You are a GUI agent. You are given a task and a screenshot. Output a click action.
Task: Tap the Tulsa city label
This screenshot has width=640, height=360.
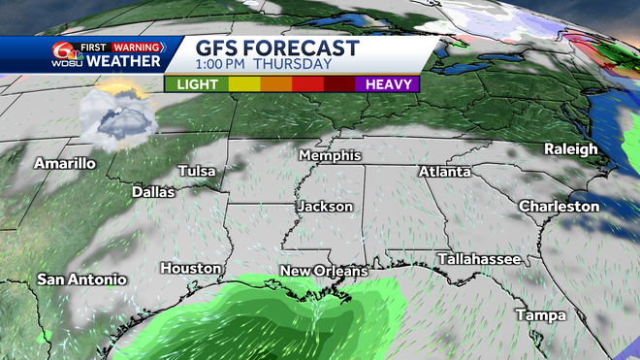[x=197, y=171]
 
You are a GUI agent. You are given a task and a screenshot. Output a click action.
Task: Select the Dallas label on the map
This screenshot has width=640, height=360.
[x=153, y=192]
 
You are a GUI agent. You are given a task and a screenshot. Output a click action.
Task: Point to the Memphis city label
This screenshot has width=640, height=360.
[x=330, y=155]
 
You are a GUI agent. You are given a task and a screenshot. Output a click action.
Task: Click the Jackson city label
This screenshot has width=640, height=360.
[x=326, y=207]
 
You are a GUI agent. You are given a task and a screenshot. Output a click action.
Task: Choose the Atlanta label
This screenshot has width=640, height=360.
[x=445, y=172]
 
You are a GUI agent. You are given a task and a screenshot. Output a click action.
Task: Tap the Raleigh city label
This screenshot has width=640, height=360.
[x=570, y=148]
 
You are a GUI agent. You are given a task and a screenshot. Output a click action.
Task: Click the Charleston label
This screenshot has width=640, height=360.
[x=560, y=206]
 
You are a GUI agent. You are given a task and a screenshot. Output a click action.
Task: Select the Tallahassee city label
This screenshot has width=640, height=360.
[x=480, y=259]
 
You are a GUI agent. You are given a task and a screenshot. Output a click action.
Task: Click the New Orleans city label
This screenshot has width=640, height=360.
[x=322, y=270]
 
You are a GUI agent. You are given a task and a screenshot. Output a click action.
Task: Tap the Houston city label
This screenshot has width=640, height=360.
[x=191, y=268]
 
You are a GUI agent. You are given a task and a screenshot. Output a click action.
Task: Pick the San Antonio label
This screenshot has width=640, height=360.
[x=82, y=279]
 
